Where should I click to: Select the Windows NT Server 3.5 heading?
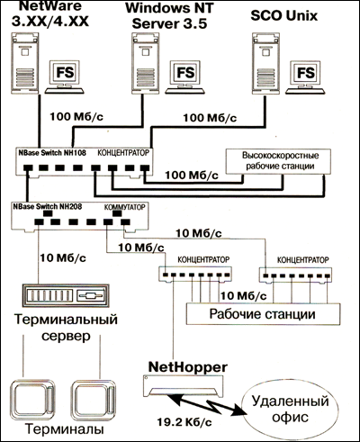pyautogui.click(x=169, y=16)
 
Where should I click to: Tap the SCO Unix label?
pyautogui.click(x=283, y=15)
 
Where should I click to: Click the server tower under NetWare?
pyautogui.click(x=26, y=61)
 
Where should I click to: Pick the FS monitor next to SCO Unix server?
pyautogui.click(x=305, y=77)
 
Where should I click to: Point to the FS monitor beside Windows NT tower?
pyautogui.click(x=185, y=77)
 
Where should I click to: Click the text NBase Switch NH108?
pyautogui.click(x=52, y=153)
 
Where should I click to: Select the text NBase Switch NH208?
pyautogui.click(x=47, y=206)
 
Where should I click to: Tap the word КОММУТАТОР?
pyautogui.click(x=124, y=207)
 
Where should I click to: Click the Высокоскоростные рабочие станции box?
pyautogui.click(x=278, y=161)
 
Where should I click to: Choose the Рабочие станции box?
pyautogui.click(x=263, y=314)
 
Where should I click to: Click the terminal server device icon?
pyautogui.click(x=66, y=295)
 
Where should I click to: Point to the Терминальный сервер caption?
pyautogui.click(x=66, y=328)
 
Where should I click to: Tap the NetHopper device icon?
pyautogui.click(x=183, y=384)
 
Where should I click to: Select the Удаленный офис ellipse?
pyautogui.click(x=290, y=409)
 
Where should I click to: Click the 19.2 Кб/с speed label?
pyautogui.click(x=184, y=422)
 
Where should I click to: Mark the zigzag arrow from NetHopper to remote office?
pyautogui.click(x=208, y=404)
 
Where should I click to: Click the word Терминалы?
pyautogui.click(x=65, y=429)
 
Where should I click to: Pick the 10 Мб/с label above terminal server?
pyautogui.click(x=63, y=257)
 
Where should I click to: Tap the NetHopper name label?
pyautogui.click(x=188, y=367)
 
